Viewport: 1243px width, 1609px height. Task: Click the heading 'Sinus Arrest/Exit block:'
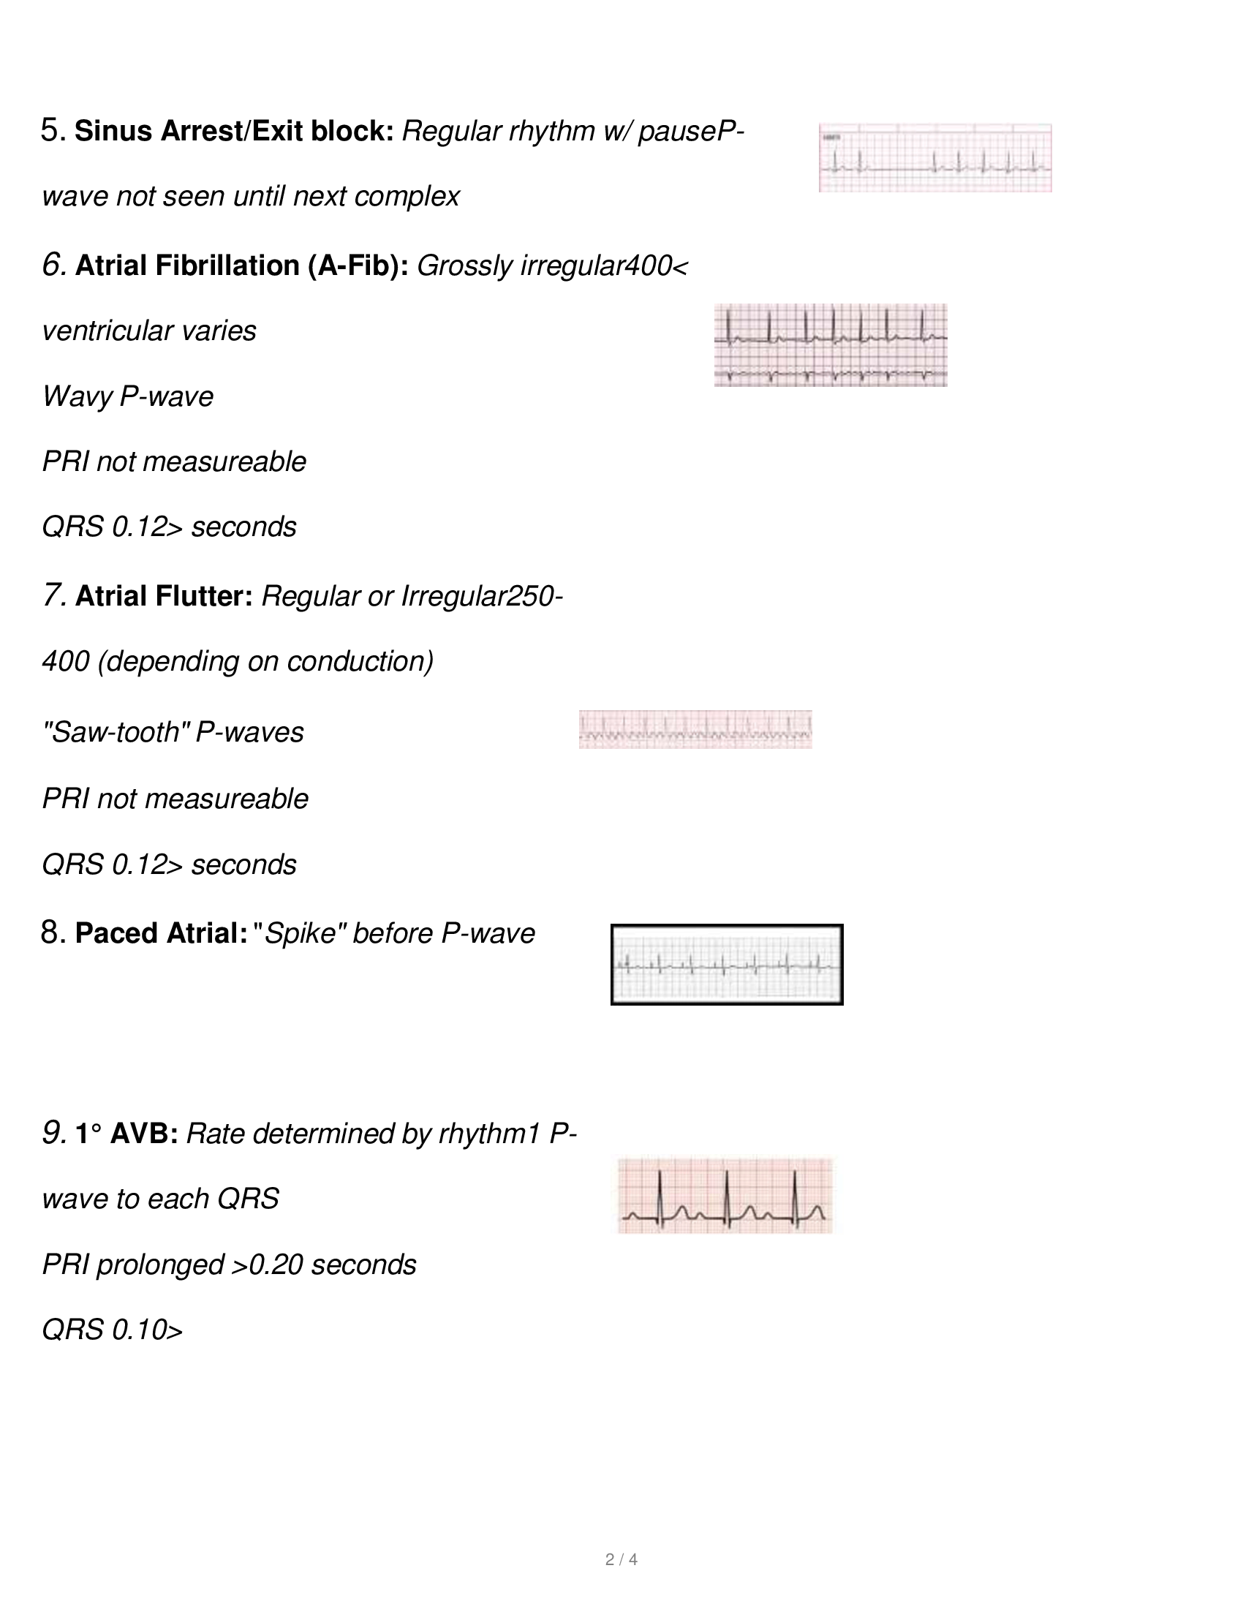234,131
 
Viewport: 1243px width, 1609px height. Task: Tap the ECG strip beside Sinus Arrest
934,158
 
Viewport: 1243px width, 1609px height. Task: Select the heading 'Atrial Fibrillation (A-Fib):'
241,265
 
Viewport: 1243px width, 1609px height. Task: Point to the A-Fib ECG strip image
830,344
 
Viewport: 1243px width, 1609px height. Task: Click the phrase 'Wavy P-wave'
127,396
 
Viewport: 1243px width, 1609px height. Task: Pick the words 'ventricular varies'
148,331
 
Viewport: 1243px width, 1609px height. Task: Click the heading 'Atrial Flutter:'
164,596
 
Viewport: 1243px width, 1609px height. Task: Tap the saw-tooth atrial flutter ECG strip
695,729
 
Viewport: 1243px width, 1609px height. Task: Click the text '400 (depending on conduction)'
237,662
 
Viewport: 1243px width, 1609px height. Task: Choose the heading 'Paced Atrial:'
161,933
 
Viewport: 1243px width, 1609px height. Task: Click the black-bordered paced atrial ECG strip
727,965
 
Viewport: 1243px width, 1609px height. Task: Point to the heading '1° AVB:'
126,1134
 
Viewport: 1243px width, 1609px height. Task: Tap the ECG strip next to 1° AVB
725,1195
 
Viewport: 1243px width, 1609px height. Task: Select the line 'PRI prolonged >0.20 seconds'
229,1265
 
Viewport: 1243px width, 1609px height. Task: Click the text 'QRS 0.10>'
112,1330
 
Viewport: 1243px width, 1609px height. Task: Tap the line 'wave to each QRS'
160,1199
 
